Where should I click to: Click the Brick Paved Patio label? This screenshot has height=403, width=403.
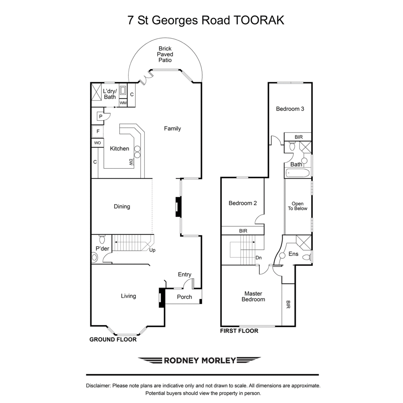pos(165,54)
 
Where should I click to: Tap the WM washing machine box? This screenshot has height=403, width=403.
pos(123,103)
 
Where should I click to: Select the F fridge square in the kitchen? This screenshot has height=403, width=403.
pos(98,132)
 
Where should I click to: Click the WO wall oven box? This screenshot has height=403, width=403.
pos(97,143)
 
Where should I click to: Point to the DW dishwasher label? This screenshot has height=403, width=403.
pos(131,162)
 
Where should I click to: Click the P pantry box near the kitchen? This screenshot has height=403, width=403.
pos(101,117)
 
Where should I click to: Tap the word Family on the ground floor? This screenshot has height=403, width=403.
pos(172,128)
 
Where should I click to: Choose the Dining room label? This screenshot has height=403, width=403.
pos(122,207)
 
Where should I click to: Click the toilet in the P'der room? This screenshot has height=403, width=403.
pos(102,239)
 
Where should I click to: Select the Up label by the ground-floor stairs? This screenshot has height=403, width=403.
pos(152,250)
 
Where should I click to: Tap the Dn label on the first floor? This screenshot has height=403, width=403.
pos(259,258)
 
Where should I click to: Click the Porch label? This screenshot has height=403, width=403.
pos(184,297)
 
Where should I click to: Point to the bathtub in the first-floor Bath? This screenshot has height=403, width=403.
pos(297,173)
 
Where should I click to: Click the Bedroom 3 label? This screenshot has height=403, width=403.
pos(290,109)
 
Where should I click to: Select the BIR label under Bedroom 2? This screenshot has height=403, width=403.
pos(243,231)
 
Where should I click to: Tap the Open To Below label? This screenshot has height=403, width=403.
pos(298,206)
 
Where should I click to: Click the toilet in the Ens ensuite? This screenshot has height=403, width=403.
pos(307,257)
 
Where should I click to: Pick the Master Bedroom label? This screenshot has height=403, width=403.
pos(253,296)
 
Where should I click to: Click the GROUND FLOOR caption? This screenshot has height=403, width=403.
pos(113,340)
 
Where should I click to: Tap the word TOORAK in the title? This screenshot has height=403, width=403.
pos(259,20)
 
